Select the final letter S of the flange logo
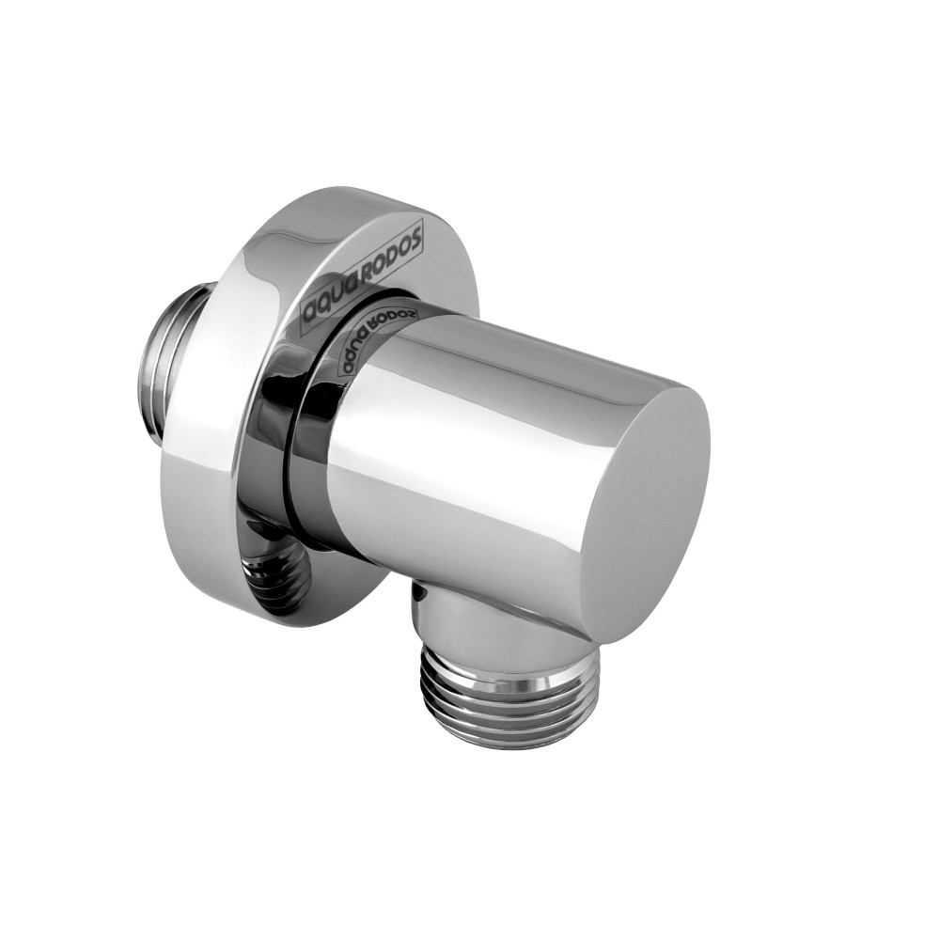point(418,234)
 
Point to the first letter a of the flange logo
point(307,314)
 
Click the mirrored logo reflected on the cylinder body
point(371,336)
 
